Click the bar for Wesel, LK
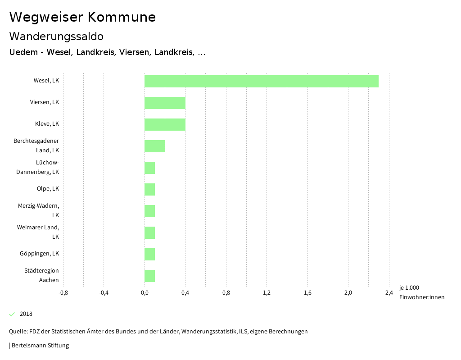(x=261, y=81)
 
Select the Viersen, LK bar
(x=165, y=103)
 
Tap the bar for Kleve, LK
(x=165, y=124)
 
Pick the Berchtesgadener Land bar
(x=154, y=146)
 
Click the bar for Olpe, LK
(x=149, y=189)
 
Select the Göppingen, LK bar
(x=149, y=254)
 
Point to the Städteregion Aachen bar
(x=149, y=276)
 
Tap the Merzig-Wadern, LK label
(x=39, y=210)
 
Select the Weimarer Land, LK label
(x=38, y=232)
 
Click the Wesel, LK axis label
(x=46, y=81)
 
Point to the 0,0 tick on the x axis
(x=145, y=293)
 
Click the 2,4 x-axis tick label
(x=389, y=293)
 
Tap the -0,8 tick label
(x=63, y=293)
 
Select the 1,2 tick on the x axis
(x=267, y=293)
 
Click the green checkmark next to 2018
(x=12, y=314)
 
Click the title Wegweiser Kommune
(x=82, y=17)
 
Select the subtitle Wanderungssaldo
(x=56, y=36)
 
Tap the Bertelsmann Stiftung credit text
(x=40, y=346)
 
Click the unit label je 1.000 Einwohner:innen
(x=421, y=292)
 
